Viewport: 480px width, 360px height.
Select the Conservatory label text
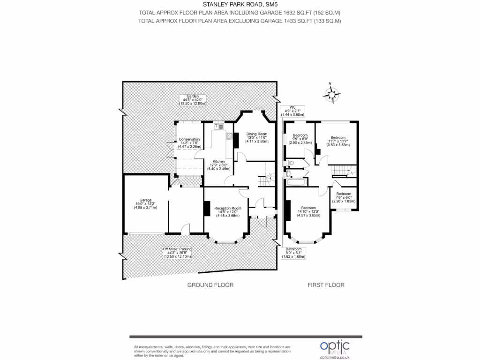pyautogui.click(x=189, y=143)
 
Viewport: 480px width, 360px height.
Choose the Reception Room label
pyautogui.click(x=228, y=211)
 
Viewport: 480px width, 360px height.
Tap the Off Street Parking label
pyautogui.click(x=177, y=253)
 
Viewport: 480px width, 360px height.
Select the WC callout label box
pyautogui.click(x=292, y=111)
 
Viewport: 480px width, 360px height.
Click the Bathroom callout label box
pyautogui.click(x=295, y=253)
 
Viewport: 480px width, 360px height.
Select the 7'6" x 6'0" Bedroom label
pyautogui.click(x=344, y=197)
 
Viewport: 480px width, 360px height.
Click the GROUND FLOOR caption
pyautogui.click(x=210, y=285)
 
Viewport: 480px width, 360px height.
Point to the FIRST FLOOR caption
pyautogui.click(x=326, y=285)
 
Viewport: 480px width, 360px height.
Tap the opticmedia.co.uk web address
pyautogui.click(x=335, y=357)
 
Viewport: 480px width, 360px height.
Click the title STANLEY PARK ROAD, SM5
pyautogui.click(x=240, y=5)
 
